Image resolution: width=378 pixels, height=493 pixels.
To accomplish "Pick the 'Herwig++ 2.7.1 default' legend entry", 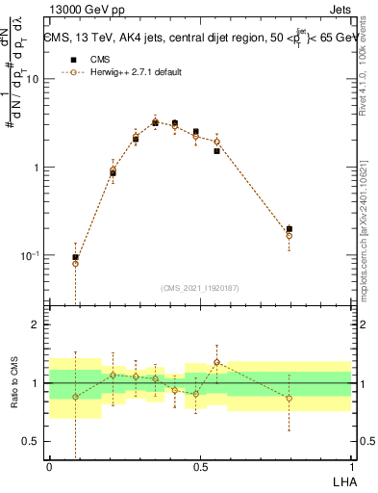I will click(x=124, y=72).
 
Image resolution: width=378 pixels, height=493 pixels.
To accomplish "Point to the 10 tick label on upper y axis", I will click(x=32, y=79).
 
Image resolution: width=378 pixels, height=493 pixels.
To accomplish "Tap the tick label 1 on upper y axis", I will click(x=37, y=168).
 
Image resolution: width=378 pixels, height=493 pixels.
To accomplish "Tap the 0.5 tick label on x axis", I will click(x=200, y=467).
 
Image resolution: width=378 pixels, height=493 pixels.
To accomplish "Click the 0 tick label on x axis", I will click(x=49, y=467).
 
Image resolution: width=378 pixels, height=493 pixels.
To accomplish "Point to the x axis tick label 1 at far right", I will click(x=351, y=467).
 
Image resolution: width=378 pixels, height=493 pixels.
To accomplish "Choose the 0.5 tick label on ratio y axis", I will click(x=32, y=441).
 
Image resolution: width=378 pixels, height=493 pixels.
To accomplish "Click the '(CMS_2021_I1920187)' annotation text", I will click(x=200, y=287).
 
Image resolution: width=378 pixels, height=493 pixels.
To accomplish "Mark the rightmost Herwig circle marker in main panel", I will click(x=290, y=235).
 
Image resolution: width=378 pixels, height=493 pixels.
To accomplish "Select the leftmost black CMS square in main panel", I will click(x=76, y=257).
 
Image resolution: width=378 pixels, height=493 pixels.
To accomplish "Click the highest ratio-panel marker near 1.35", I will click(x=217, y=362).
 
